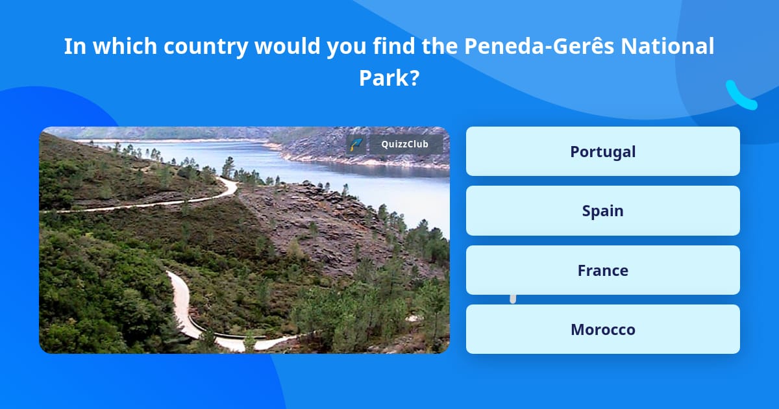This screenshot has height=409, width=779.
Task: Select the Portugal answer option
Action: coord(602,151)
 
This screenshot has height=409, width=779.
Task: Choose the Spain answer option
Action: coord(602,210)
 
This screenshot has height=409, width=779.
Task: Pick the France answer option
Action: coord(602,270)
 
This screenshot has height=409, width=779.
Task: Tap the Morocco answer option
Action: coord(602,329)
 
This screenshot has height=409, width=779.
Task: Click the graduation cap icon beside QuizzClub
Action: coord(355,144)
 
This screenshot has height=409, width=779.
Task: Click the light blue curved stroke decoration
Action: coord(740,96)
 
